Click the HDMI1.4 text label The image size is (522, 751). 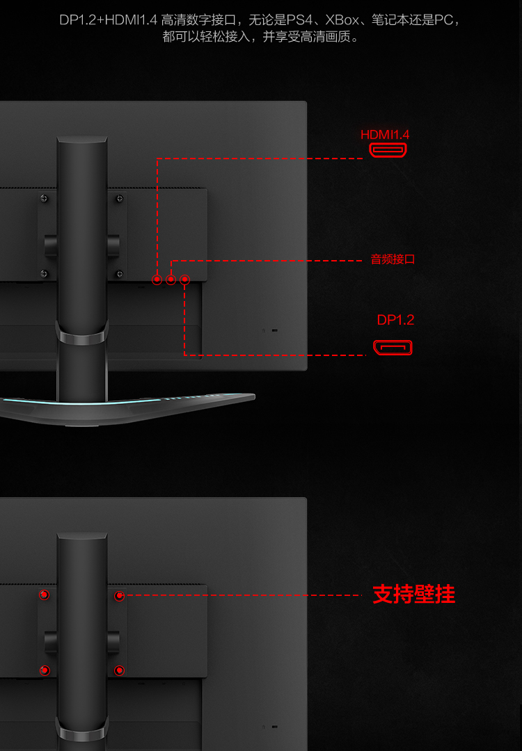coord(384,135)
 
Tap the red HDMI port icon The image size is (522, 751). coord(388,150)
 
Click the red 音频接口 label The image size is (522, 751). coord(393,259)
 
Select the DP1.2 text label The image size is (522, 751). coord(395,320)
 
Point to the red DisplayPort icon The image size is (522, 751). coord(393,348)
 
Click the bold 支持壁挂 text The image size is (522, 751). coord(413,595)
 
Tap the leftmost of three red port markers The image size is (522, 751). coord(157,280)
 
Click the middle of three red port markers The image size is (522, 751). coord(171,280)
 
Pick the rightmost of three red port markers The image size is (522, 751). coord(184,280)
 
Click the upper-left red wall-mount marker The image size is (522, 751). coord(44,595)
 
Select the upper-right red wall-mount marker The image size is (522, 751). coord(119,596)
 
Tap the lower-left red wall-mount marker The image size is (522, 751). coord(44,670)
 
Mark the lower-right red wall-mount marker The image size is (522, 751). coord(119,670)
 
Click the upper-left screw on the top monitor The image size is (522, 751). coord(44,198)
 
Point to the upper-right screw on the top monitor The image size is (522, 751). coord(119,199)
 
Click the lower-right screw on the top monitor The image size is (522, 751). coord(119,274)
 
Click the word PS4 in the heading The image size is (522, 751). coord(299,20)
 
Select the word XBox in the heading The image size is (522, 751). coord(342,20)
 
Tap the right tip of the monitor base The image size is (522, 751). coord(255,396)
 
